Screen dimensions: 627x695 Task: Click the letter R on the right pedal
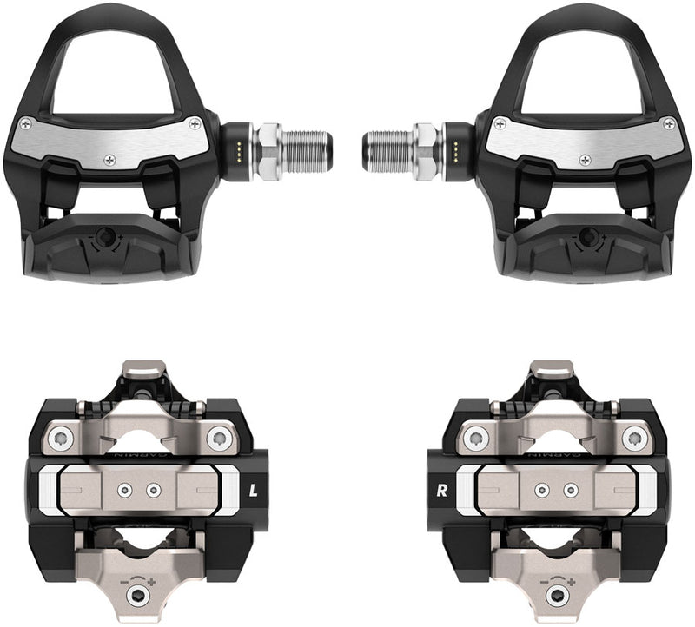coord(441,489)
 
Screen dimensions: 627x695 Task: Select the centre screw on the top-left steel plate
coord(110,160)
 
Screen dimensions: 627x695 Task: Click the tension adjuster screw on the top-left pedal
coord(106,235)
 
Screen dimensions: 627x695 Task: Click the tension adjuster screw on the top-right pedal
coord(589,235)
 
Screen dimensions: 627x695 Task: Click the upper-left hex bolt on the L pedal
coord(61,436)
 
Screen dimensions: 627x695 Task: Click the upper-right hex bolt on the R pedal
coord(634,436)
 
